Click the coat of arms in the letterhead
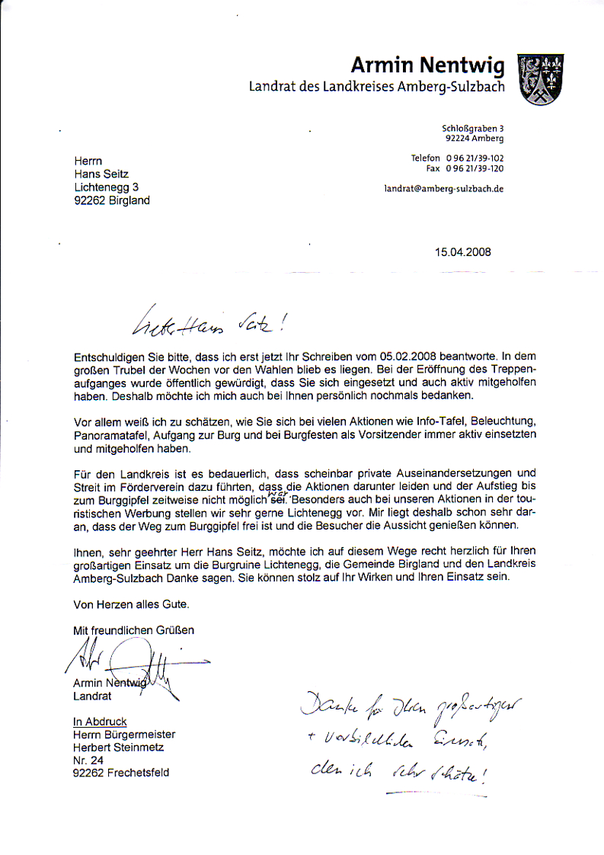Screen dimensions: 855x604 (540, 80)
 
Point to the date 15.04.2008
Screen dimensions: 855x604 (463, 252)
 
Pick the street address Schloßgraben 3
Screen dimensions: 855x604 (472, 129)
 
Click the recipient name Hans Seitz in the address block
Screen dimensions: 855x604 (101, 174)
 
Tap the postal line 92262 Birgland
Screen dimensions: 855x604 (112, 201)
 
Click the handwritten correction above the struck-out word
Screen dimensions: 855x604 (277, 493)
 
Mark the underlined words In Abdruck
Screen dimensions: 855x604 (100, 721)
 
